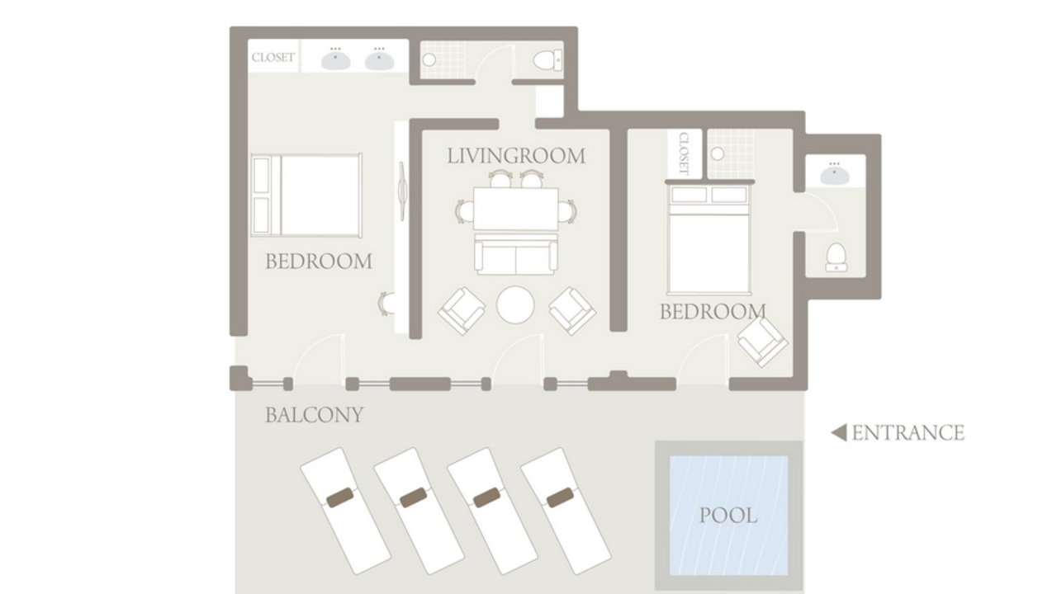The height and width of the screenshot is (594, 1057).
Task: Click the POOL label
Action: click(x=728, y=516)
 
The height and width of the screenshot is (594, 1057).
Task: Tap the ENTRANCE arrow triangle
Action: click(x=839, y=433)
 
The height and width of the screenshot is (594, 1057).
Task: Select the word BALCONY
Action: click(x=315, y=415)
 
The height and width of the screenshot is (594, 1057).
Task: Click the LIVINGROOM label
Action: click(x=516, y=156)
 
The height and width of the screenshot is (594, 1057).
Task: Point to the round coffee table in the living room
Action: click(x=515, y=304)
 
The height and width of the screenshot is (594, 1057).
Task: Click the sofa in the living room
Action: click(x=516, y=254)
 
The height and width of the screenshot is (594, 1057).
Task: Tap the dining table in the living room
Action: click(x=516, y=209)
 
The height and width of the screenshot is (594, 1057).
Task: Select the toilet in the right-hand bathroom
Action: click(x=837, y=257)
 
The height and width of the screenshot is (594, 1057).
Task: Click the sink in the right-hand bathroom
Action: click(x=834, y=174)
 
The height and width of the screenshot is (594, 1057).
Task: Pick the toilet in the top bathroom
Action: click(x=547, y=60)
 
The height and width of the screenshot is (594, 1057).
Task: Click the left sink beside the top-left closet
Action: click(x=335, y=60)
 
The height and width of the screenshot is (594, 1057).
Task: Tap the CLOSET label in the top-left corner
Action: click(x=273, y=58)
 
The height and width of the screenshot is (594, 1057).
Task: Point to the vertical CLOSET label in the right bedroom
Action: click(x=684, y=153)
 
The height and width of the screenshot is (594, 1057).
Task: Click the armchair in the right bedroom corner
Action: click(x=762, y=342)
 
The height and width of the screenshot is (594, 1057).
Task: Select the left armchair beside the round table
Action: click(x=462, y=311)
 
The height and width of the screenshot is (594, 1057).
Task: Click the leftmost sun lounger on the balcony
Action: click(x=345, y=511)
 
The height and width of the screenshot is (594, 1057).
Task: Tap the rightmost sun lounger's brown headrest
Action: click(x=560, y=497)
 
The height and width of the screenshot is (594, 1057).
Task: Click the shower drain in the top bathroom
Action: click(x=429, y=60)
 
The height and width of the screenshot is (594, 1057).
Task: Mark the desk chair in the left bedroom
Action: click(x=386, y=304)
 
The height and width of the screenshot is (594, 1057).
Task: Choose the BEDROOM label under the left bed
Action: click(x=319, y=262)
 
